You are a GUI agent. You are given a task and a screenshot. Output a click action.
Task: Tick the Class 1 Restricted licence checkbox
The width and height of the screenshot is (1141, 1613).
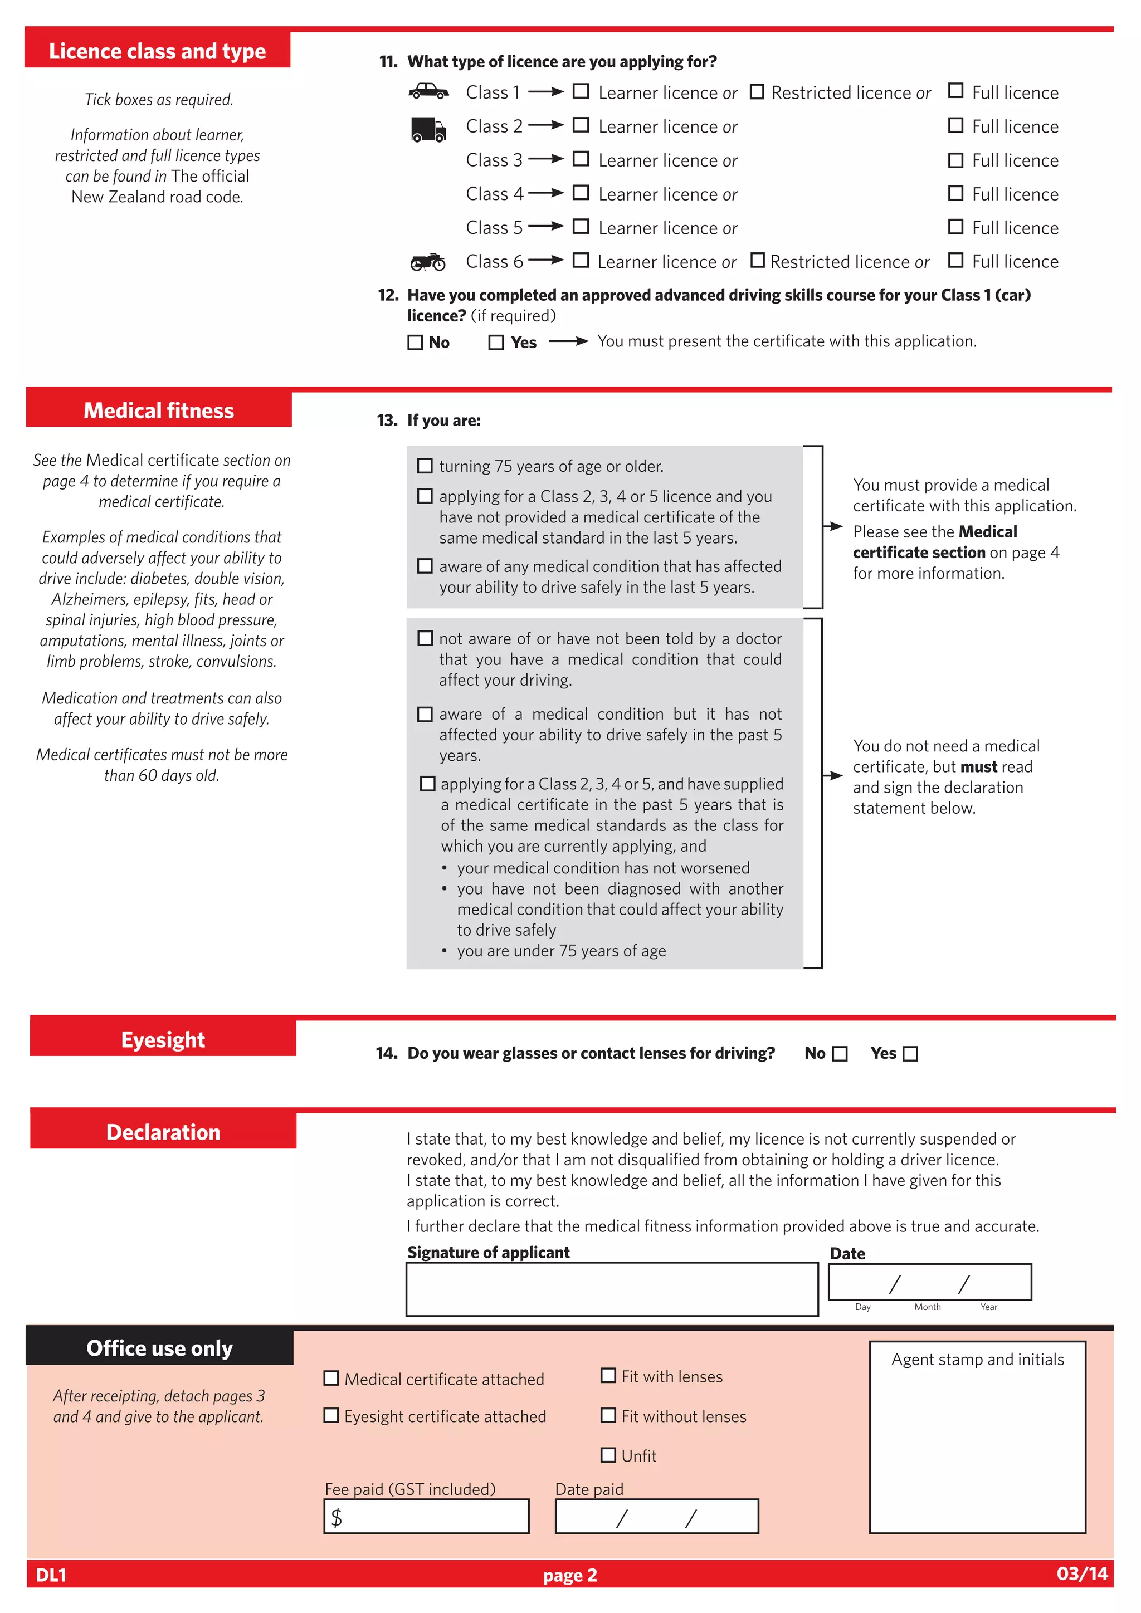click(757, 92)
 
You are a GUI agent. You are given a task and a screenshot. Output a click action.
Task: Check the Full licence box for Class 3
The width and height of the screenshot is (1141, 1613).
click(955, 160)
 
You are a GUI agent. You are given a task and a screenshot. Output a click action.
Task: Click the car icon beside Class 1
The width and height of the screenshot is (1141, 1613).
click(428, 91)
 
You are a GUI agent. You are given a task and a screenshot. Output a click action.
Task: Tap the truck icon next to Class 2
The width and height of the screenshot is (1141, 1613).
click(428, 129)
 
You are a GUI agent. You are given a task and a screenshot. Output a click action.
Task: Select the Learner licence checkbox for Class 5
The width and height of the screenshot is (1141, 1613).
click(581, 227)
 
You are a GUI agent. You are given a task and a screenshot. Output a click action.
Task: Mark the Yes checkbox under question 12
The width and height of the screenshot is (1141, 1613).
click(496, 342)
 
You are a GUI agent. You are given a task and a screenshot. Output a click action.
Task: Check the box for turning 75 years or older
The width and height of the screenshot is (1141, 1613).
click(425, 466)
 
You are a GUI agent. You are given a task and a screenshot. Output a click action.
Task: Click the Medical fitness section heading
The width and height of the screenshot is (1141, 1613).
click(159, 410)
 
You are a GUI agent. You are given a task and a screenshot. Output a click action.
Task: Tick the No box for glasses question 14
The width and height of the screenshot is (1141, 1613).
click(840, 1054)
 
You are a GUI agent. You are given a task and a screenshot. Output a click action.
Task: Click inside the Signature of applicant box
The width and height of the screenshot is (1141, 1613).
click(611, 1289)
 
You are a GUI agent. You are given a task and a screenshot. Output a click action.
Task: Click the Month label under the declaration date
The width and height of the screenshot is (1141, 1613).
click(928, 1307)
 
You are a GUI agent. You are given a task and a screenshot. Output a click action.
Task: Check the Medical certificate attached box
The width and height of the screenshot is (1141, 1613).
click(331, 1379)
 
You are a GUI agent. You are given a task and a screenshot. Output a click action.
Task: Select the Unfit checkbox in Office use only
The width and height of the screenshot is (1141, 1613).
click(608, 1455)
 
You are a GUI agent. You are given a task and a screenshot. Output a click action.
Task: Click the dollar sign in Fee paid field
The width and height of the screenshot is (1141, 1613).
click(337, 1517)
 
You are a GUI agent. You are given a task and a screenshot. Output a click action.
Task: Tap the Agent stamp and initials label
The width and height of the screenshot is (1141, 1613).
click(977, 1360)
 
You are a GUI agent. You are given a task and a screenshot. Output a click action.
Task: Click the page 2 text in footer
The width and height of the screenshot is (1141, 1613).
click(570, 1576)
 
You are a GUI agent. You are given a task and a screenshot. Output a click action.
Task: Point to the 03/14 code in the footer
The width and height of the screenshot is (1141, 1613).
click(1082, 1573)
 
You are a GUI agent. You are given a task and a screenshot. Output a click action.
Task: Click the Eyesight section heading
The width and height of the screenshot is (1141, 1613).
click(163, 1040)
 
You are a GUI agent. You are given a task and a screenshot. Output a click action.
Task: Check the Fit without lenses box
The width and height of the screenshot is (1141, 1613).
click(608, 1416)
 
